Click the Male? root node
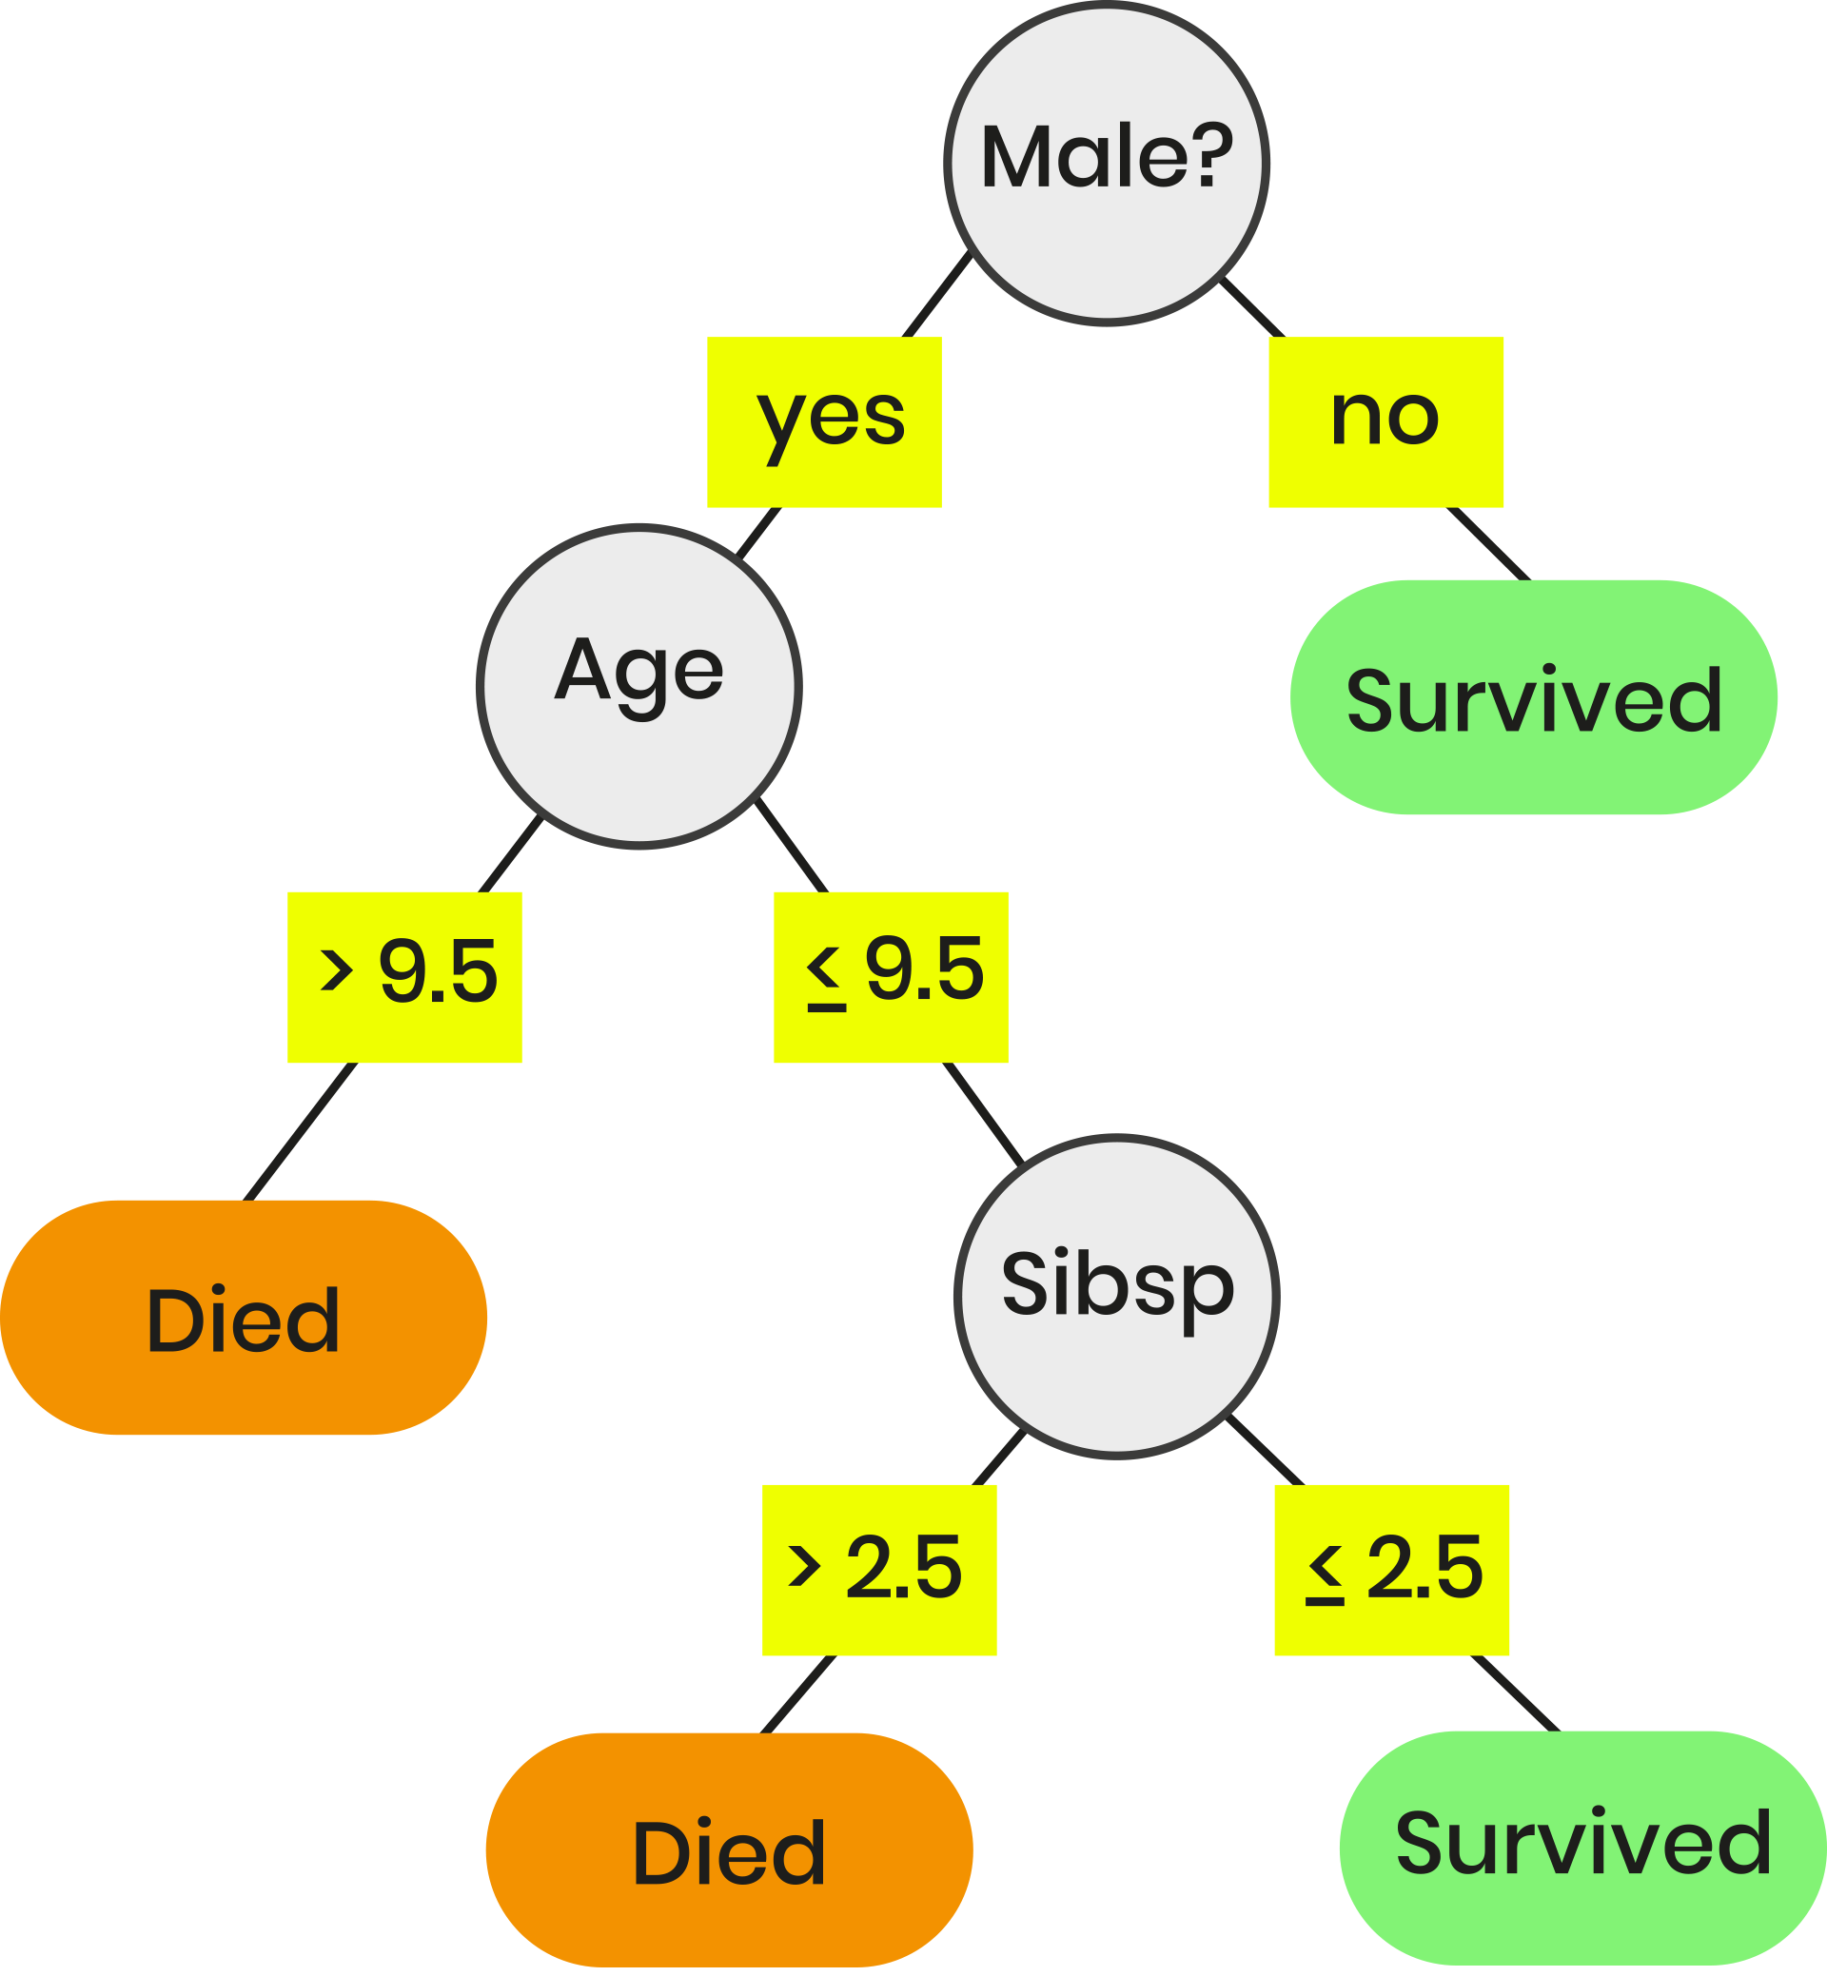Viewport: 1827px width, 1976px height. tap(1107, 163)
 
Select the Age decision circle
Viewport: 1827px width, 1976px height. tap(638, 686)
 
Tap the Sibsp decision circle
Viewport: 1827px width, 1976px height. tap(1116, 1296)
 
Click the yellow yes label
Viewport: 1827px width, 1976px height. tap(823, 422)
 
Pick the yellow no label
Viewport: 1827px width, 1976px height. tap(1385, 422)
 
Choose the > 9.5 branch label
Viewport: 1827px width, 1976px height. tap(404, 977)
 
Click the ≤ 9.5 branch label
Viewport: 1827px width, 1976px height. tap(890, 977)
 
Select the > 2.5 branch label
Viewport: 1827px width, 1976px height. tap(879, 1570)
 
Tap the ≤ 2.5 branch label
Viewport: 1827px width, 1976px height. tap(1391, 1570)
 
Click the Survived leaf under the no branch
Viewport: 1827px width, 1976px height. tap(1533, 697)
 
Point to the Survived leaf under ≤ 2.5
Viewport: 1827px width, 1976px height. tap(1581, 1848)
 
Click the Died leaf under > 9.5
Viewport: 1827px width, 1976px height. tap(244, 1318)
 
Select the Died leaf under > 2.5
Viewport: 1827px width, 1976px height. tap(729, 1849)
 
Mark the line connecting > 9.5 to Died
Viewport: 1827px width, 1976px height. tap(301, 1131)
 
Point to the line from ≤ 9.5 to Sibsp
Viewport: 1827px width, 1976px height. tap(983, 1112)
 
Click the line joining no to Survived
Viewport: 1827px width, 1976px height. tap(1488, 543)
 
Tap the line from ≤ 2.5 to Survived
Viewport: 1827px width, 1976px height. tap(1515, 1693)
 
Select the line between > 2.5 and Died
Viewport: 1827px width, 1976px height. tap(798, 1694)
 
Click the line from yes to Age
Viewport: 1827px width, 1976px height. tap(759, 533)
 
